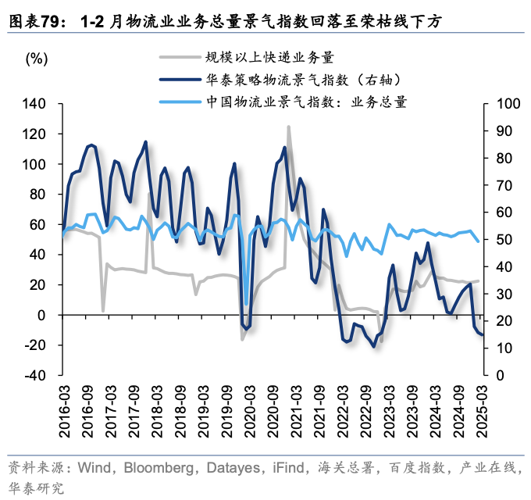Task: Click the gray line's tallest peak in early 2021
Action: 288,127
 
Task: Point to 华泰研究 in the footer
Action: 34,487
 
